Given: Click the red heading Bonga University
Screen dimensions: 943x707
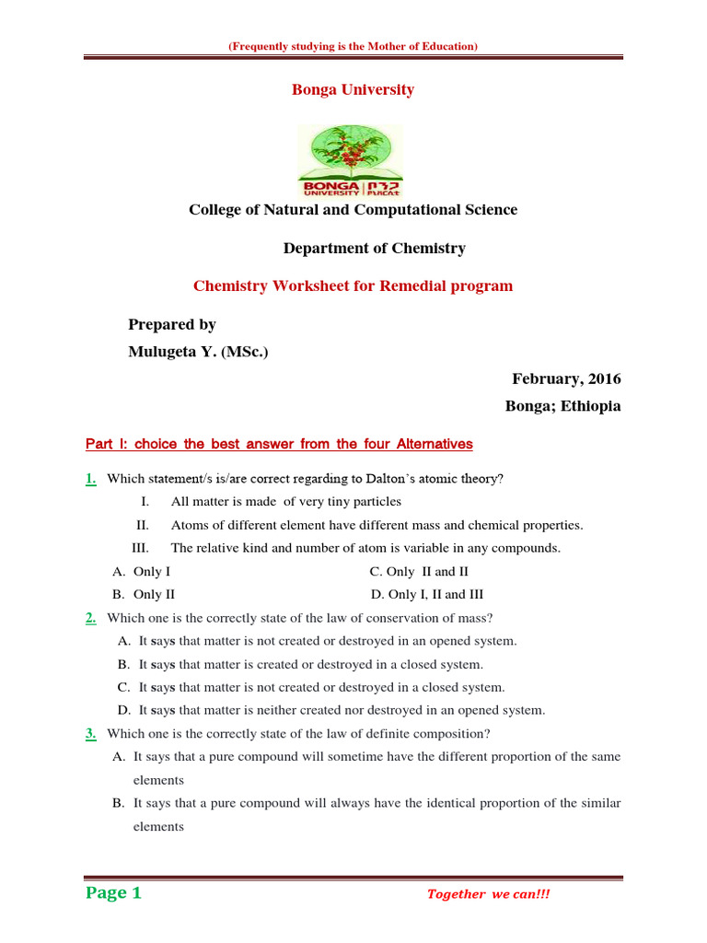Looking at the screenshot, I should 353,90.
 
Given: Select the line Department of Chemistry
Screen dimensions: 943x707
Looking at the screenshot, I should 374,249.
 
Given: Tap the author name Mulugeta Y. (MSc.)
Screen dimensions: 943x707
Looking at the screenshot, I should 198,351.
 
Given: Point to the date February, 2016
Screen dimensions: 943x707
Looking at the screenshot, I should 566,379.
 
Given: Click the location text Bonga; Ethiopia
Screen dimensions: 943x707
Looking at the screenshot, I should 563,406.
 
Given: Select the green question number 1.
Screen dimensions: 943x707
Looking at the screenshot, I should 91,479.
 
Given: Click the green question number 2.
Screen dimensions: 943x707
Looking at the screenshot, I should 91,618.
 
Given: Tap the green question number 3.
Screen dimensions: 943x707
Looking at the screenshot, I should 91,734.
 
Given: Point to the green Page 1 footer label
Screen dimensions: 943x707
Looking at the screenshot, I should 113,893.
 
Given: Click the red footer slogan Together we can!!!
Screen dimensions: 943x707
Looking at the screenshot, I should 489,894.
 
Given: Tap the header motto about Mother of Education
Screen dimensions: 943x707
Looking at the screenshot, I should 353,46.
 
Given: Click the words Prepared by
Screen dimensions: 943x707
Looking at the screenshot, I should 172,325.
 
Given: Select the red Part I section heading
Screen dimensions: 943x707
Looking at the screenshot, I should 279,445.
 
